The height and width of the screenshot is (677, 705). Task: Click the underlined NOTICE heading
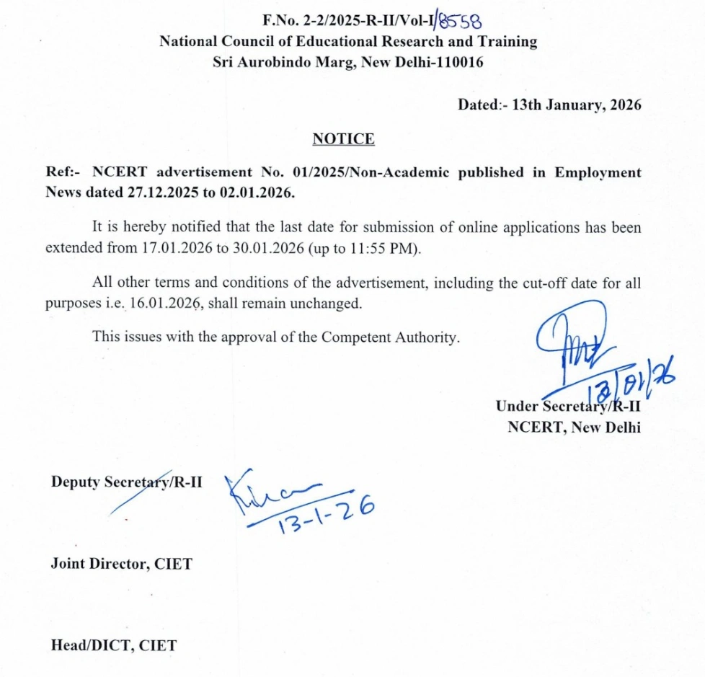click(344, 139)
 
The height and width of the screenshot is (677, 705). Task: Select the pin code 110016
click(458, 62)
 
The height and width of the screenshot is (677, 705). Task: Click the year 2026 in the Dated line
click(625, 105)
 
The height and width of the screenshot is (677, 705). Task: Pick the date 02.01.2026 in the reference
click(261, 193)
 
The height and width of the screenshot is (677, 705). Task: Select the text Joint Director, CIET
click(122, 564)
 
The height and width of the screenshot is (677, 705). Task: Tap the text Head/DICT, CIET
click(113, 645)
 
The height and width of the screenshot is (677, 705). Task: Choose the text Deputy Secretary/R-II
click(126, 482)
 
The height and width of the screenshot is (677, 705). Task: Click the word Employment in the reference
click(598, 173)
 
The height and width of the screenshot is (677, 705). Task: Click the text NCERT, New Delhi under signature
click(574, 426)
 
